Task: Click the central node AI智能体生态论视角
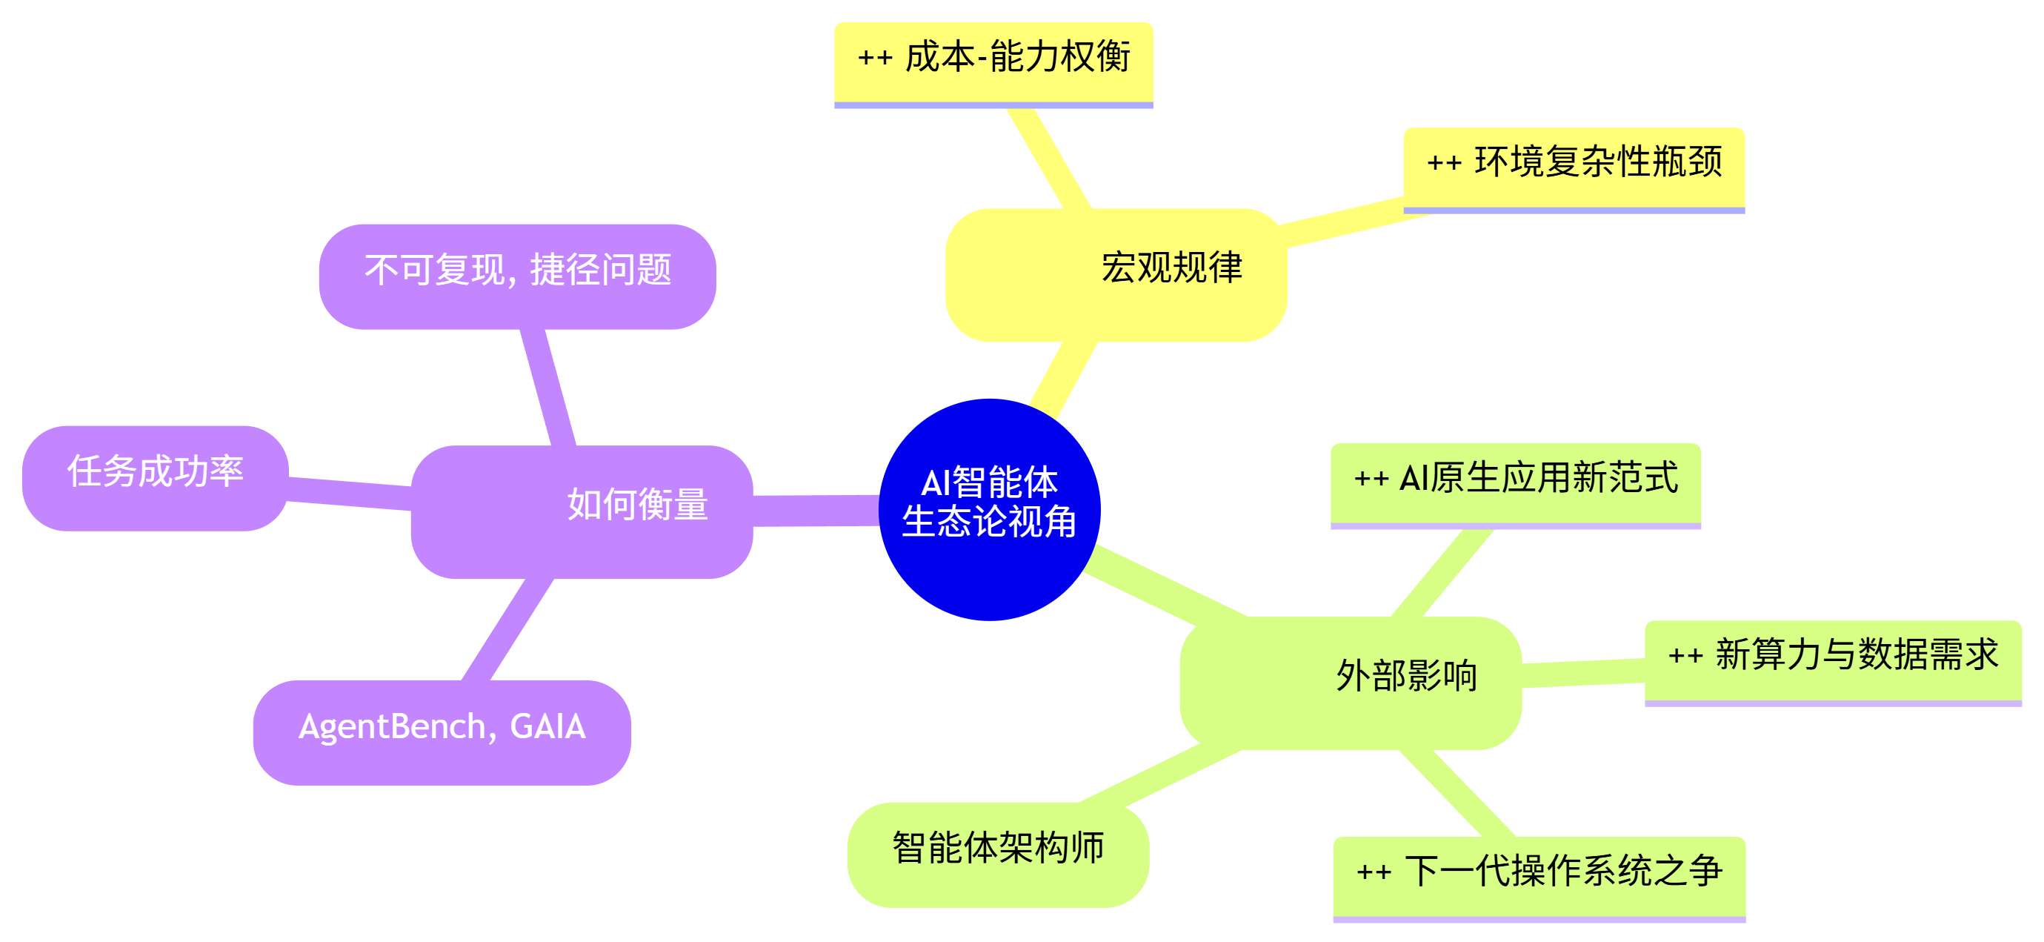tap(989, 508)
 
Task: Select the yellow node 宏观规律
tap(1116, 274)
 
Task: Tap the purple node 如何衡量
tap(582, 512)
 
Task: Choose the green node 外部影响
tap(1350, 683)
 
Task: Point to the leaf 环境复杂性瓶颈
tap(1574, 167)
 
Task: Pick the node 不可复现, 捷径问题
tap(517, 276)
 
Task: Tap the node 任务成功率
tap(155, 477)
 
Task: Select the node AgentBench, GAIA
tap(442, 731)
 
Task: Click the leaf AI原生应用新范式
tap(1516, 482)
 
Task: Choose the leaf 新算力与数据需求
tap(1833, 660)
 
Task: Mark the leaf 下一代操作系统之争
tap(1539, 875)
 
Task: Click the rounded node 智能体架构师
tap(997, 853)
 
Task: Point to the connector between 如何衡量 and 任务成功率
tap(349, 493)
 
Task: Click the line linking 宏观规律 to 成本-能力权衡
tap(1048, 158)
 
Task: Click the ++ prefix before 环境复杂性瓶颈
tap(1443, 164)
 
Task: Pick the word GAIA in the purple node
tap(547, 727)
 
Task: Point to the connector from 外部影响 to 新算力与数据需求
tap(1583, 672)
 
